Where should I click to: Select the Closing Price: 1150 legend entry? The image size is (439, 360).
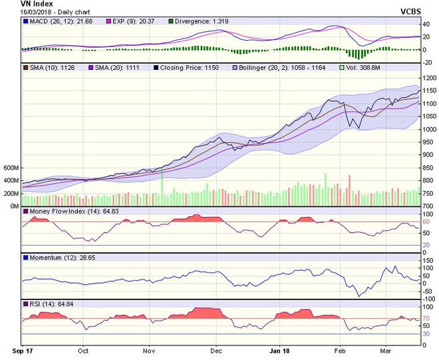(194, 67)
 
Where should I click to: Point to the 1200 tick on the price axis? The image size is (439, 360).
(429, 79)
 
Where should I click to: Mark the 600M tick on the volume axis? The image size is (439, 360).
(11, 168)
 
